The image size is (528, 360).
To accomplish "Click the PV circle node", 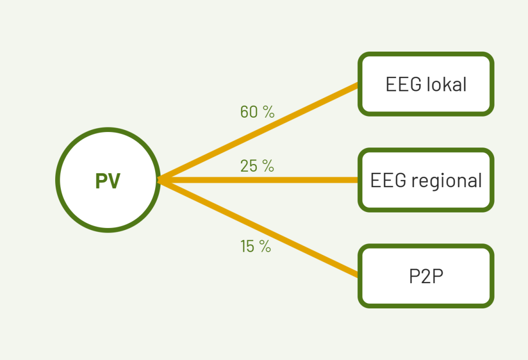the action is click(x=108, y=180).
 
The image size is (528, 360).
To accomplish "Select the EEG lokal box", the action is click(x=425, y=84).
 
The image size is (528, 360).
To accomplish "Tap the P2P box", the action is click(x=425, y=276).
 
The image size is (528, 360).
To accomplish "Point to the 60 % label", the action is click(x=257, y=112).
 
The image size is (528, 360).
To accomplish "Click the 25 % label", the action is click(x=257, y=166).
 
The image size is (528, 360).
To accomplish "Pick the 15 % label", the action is click(x=256, y=246).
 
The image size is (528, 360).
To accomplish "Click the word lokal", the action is click(x=447, y=84).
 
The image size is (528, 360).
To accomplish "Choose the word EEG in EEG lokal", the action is click(x=403, y=84).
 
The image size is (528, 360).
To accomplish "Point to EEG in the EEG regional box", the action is click(x=388, y=180).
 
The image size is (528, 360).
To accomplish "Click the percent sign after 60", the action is click(x=269, y=112).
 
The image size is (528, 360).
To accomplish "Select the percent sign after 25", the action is click(x=268, y=166).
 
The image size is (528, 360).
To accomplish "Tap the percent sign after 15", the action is click(x=265, y=246).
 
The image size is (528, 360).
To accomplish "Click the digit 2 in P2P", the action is click(x=425, y=276).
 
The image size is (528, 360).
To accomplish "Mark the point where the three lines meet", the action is click(x=159, y=180).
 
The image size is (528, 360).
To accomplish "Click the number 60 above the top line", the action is click(x=249, y=112).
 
